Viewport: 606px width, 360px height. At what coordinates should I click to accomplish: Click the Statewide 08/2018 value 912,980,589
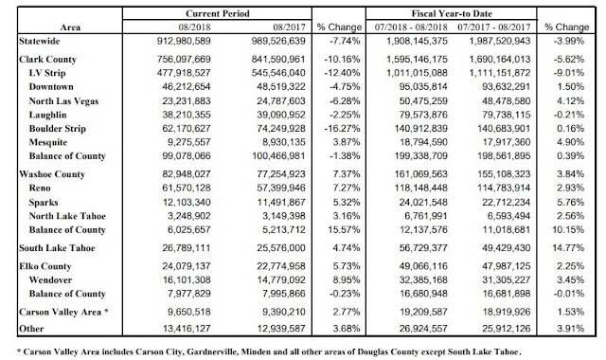[184, 41]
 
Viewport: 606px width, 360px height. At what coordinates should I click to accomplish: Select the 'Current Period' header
[218, 13]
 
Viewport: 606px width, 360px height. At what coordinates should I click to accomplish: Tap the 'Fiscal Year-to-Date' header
[452, 13]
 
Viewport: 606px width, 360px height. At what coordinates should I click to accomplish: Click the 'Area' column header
[70, 27]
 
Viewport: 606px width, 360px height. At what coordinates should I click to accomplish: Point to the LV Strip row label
[47, 73]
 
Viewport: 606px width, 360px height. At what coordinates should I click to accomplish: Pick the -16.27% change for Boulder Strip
[343, 129]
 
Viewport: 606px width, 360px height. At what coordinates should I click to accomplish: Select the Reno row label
[40, 188]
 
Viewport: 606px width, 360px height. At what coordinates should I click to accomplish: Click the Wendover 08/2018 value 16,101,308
[187, 280]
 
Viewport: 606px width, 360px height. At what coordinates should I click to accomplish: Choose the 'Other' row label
[31, 329]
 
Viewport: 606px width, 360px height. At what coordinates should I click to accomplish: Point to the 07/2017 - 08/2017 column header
[494, 27]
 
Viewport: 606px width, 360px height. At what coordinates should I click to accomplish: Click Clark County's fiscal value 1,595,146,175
[417, 59]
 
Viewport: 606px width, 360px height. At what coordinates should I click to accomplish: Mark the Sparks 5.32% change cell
[347, 202]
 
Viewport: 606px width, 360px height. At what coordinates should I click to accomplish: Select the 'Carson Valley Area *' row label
[63, 312]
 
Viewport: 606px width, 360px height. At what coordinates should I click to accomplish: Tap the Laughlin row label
[47, 115]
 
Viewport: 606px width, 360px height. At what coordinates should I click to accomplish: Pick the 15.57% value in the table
[344, 229]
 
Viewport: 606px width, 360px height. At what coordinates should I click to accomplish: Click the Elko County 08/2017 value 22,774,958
[281, 266]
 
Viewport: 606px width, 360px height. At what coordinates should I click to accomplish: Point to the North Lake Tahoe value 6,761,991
[423, 216]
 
